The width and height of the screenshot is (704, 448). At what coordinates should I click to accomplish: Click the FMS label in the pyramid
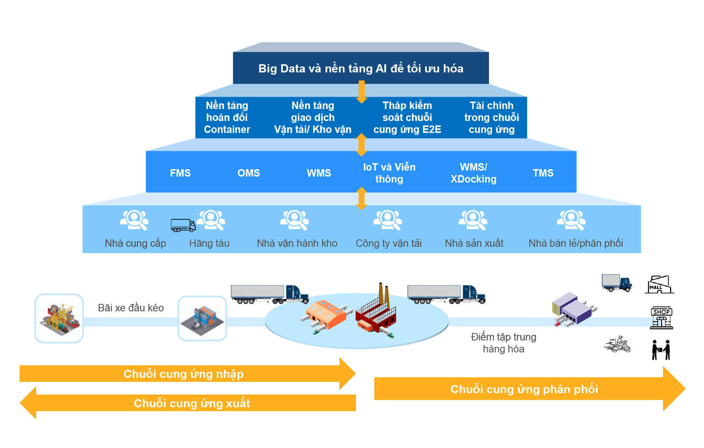coord(180,173)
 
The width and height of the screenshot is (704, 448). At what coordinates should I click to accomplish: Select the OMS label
coord(248,173)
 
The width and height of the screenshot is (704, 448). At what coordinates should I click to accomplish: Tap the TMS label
coord(543,173)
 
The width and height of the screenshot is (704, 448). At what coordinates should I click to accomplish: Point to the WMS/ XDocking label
coord(473,173)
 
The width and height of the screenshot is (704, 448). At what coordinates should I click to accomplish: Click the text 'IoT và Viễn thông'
coord(389,173)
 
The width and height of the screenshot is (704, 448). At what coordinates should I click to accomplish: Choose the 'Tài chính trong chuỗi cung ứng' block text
coord(491,118)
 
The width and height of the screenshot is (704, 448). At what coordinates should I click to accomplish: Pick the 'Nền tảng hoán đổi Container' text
coord(227,118)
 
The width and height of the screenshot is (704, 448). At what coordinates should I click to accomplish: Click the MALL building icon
coord(659,285)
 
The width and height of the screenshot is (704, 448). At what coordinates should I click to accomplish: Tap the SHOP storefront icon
coord(661,318)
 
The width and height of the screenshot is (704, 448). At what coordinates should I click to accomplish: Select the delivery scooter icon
coord(618,344)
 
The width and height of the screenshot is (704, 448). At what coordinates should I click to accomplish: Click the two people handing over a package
coord(661,350)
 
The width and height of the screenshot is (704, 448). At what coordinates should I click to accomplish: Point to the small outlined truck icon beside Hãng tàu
coord(183,225)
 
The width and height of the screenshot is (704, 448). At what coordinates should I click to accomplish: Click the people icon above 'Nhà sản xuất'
coord(473,220)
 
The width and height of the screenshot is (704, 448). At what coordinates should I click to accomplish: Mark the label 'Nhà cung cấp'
coord(135,243)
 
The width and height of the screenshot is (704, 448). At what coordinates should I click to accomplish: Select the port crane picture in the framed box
coord(59,318)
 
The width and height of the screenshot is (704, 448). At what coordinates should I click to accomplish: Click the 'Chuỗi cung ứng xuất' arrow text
coord(192,404)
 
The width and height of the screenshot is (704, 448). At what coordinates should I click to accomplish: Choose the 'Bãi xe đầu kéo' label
coord(131,308)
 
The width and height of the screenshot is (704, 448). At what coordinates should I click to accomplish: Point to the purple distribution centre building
coord(573,309)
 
